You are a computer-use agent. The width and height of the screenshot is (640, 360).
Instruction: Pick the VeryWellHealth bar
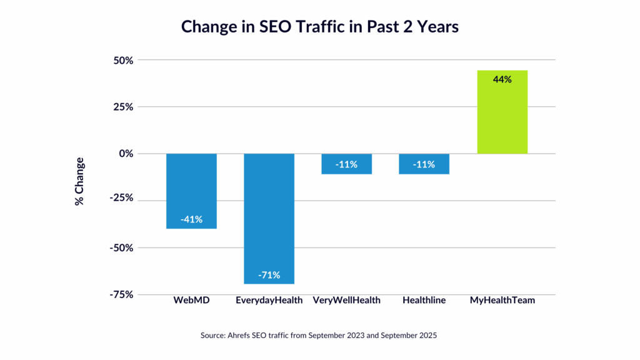pyautogui.click(x=346, y=164)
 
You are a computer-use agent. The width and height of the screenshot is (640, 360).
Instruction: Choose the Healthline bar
pyautogui.click(x=424, y=164)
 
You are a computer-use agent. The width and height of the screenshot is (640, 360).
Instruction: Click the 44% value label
pyautogui.click(x=502, y=79)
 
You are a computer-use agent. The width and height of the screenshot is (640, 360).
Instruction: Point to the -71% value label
pyautogui.click(x=269, y=274)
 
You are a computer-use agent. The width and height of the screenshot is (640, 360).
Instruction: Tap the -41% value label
pyautogui.click(x=191, y=219)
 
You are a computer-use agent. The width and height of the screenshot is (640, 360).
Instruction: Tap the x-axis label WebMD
pyautogui.click(x=191, y=301)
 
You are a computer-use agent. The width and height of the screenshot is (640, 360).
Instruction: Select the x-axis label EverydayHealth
pyautogui.click(x=269, y=301)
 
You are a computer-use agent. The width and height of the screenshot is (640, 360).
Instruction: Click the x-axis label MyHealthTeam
pyautogui.click(x=502, y=301)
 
